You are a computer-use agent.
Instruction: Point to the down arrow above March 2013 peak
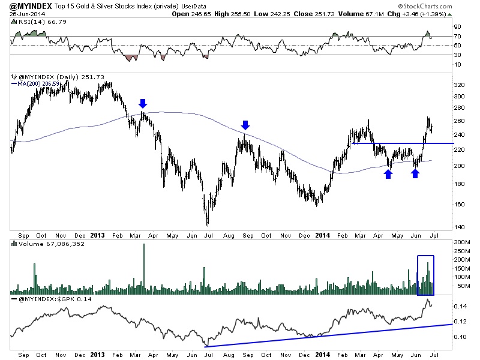click(x=143, y=103)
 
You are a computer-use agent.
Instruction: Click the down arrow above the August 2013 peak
click(x=245, y=125)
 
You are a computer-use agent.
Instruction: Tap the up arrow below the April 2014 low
click(x=389, y=173)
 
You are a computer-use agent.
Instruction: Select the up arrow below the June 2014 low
click(x=415, y=173)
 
